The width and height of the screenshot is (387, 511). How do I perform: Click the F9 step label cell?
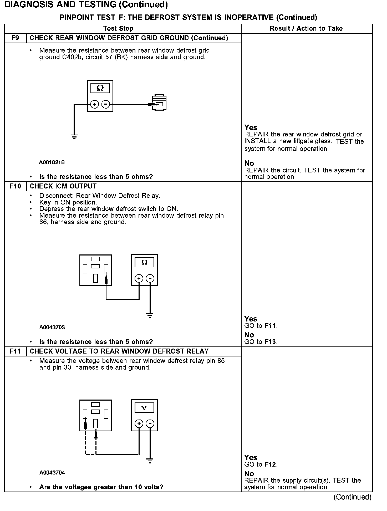pyautogui.click(x=16, y=38)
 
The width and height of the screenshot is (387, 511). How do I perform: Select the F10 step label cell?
pyautogui.click(x=16, y=186)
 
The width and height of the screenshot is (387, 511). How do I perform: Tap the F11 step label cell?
pyautogui.click(x=16, y=351)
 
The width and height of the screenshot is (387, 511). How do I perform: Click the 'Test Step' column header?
pyautogui.click(x=118, y=28)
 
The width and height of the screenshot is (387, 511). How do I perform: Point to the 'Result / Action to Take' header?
pyautogui.click(x=306, y=28)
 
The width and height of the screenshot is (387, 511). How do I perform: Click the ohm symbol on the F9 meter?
pyautogui.click(x=100, y=88)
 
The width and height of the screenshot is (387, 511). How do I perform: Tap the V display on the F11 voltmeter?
pyautogui.click(x=144, y=408)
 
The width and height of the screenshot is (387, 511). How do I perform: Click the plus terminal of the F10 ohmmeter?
pyautogui.click(x=139, y=278)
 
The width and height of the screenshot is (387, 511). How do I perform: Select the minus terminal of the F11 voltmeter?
pyautogui.click(x=150, y=423)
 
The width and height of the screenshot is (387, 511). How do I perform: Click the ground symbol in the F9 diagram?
pyautogui.click(x=74, y=137)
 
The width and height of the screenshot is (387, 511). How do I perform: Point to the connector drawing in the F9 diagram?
pyautogui.click(x=159, y=103)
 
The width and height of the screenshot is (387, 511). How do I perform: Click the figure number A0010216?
pyautogui.click(x=52, y=162)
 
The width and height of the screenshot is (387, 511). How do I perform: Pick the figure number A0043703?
pyautogui.click(x=52, y=328)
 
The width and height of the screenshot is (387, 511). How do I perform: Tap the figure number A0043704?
pyautogui.click(x=52, y=473)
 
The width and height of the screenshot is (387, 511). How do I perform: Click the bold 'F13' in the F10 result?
pyautogui.click(x=271, y=342)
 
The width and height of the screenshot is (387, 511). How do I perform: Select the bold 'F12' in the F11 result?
pyautogui.click(x=271, y=464)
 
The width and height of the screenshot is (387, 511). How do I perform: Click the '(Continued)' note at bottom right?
pyautogui.click(x=352, y=497)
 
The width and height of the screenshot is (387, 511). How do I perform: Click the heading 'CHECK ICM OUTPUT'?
pyautogui.click(x=63, y=186)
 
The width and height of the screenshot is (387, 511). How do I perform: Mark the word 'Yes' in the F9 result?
pyautogui.click(x=251, y=128)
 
